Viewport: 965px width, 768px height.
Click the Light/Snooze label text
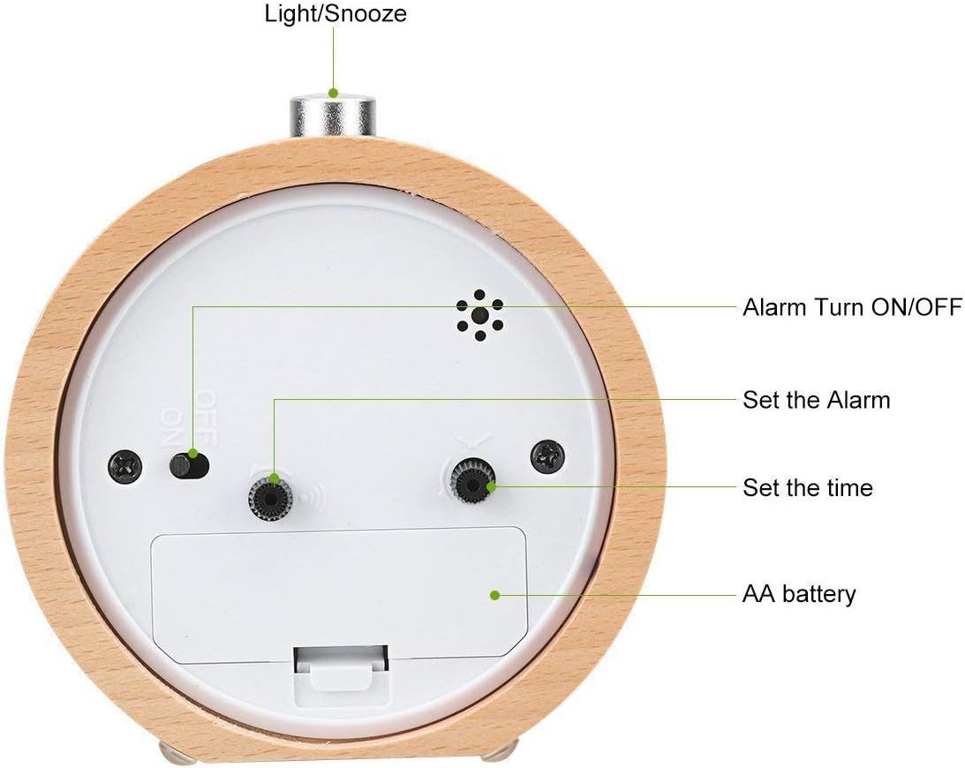[x=335, y=14]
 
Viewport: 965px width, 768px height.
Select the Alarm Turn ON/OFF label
[x=852, y=307]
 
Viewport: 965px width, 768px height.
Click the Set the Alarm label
[x=817, y=400]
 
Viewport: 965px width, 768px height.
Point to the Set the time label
[x=807, y=487]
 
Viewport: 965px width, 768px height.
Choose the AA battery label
[x=799, y=594]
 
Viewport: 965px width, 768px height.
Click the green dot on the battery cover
[x=495, y=595]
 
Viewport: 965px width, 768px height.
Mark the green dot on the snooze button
[x=334, y=92]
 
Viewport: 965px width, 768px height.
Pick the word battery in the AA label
[x=819, y=594]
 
